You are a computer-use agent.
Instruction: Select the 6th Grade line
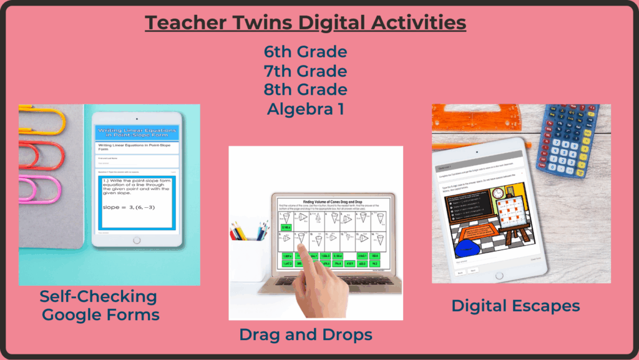point(306,51)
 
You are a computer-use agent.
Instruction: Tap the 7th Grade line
point(306,70)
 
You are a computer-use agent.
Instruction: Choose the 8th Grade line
point(306,89)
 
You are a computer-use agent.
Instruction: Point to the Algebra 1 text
point(306,108)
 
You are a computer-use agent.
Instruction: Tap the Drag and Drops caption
point(306,335)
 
